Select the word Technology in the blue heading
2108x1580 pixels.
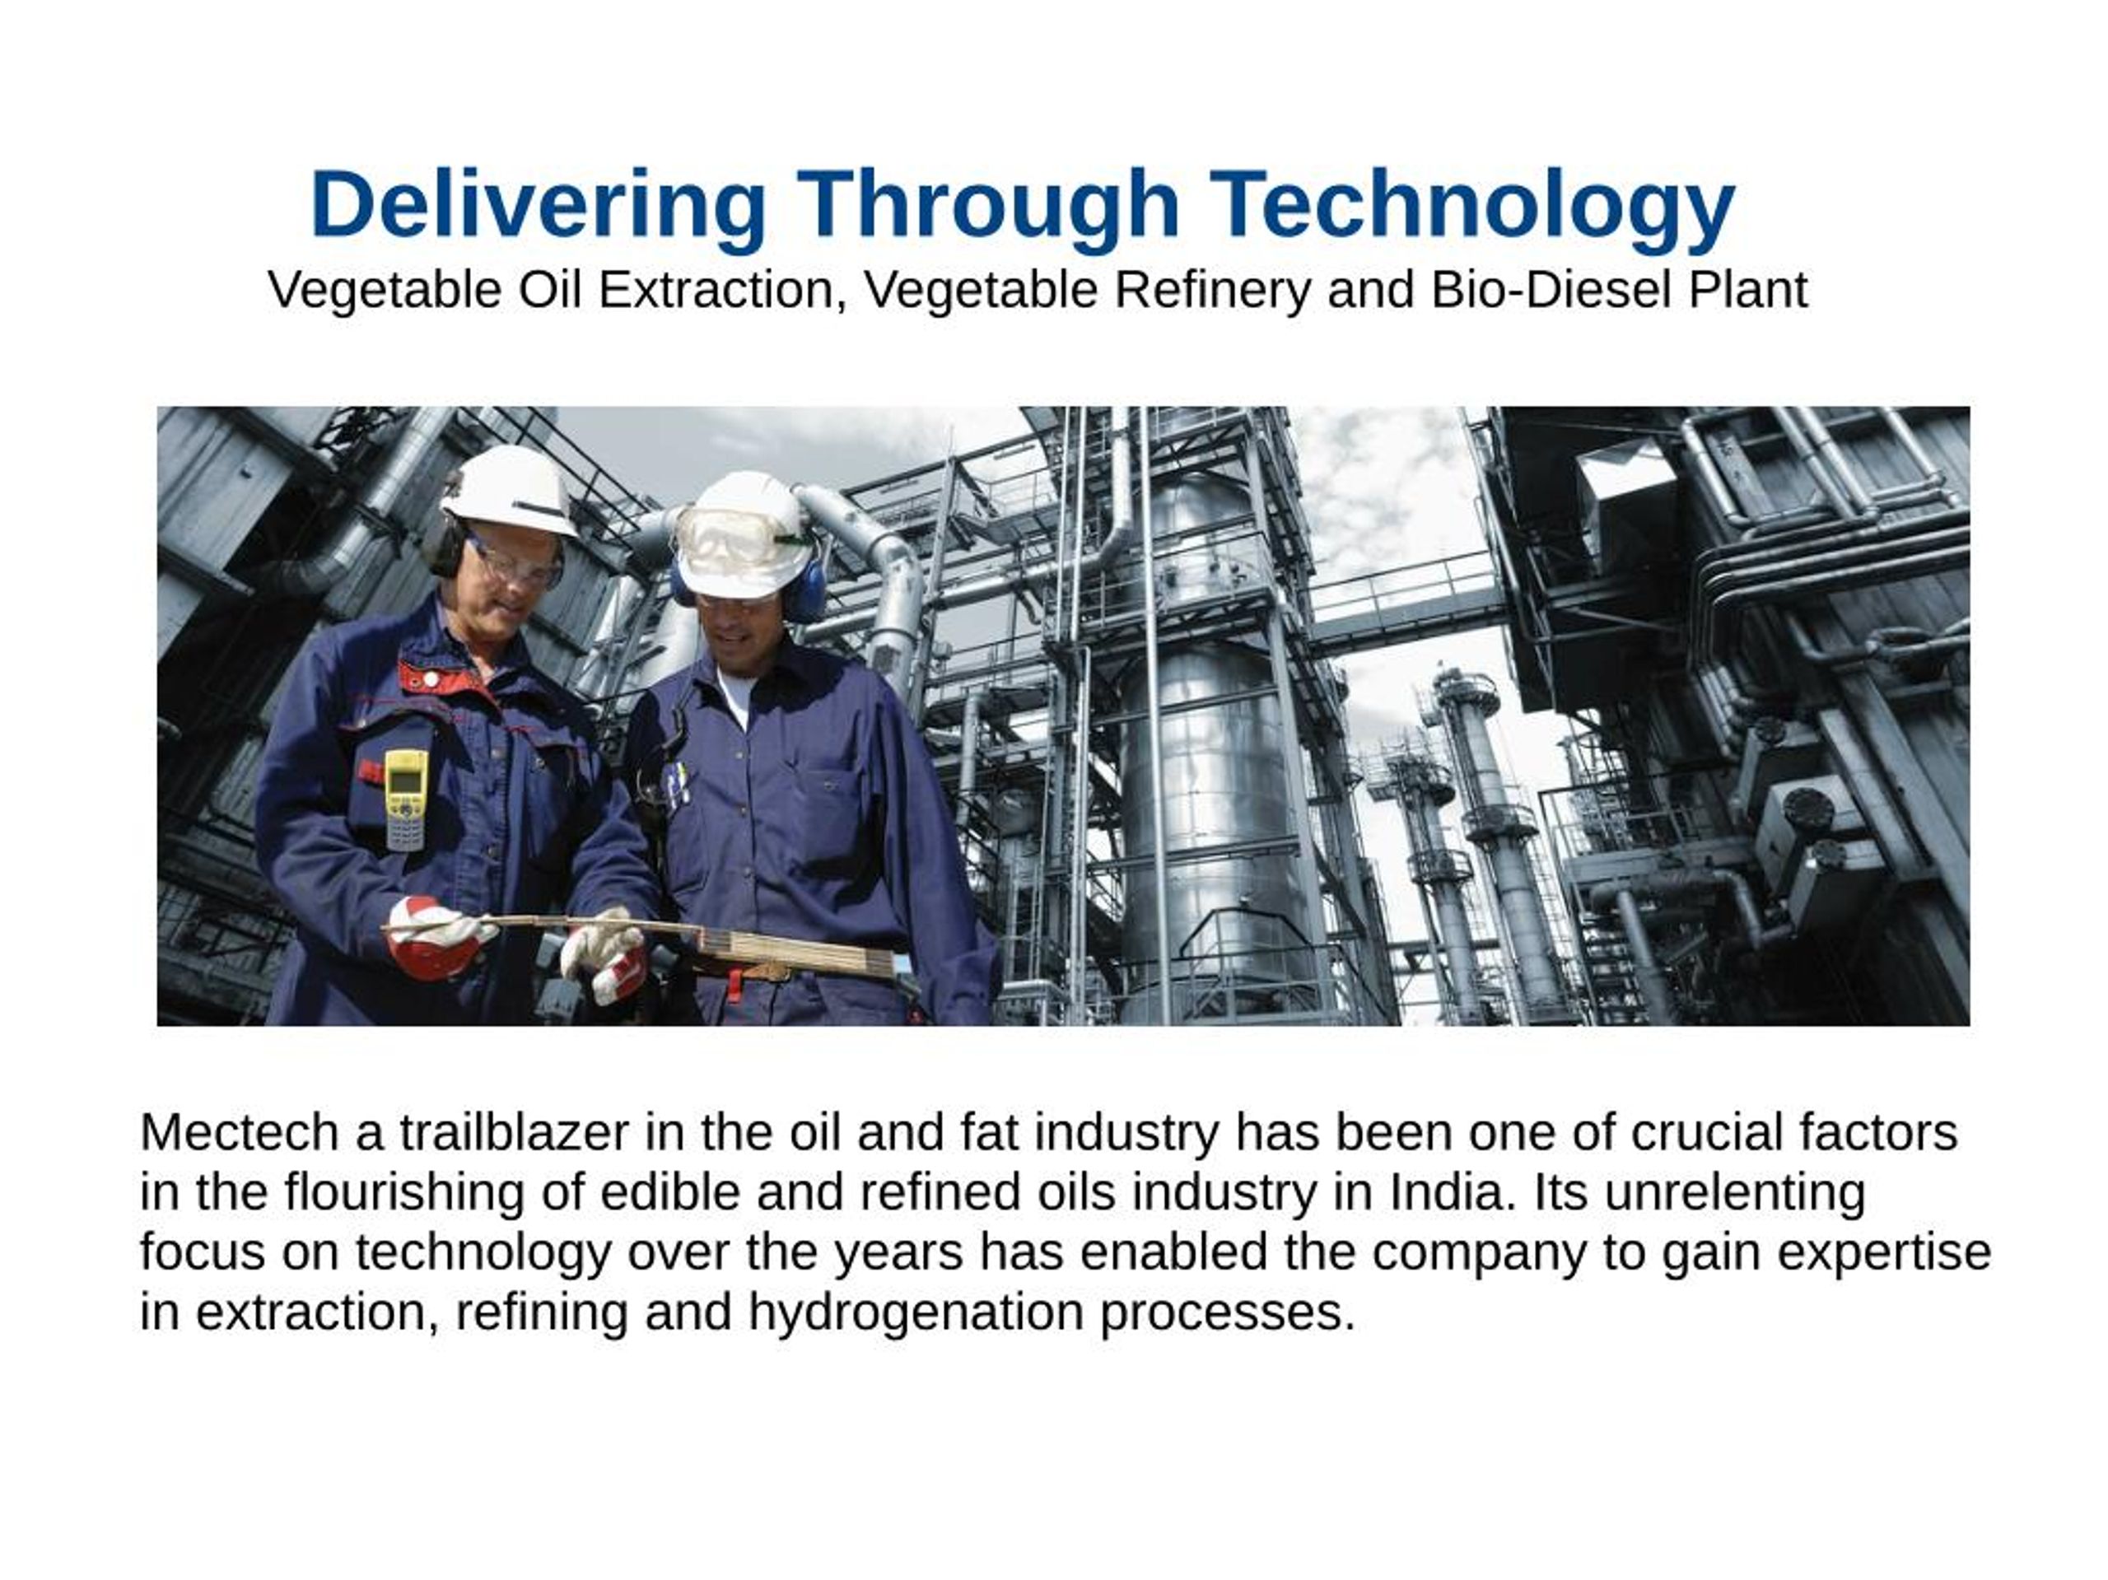click(1472, 204)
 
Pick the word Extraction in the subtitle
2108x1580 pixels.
click(716, 290)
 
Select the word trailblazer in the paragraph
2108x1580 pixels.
click(514, 1133)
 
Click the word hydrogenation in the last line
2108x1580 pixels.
click(916, 1312)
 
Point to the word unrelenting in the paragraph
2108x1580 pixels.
click(1734, 1192)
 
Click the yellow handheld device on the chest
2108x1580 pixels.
click(407, 799)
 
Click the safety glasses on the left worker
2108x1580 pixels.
click(515, 564)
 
